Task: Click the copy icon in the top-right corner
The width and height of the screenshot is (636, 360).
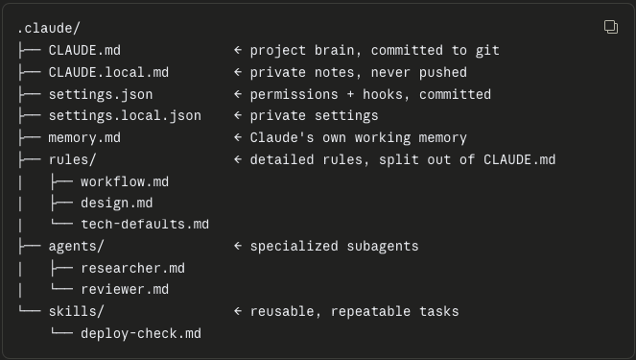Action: pos(611,27)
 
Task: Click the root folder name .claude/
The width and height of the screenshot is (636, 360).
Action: pos(49,29)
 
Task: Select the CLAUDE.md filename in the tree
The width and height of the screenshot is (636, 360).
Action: pos(84,50)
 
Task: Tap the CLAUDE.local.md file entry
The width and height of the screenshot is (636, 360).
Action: pos(108,72)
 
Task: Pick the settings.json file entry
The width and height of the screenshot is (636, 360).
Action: pos(101,95)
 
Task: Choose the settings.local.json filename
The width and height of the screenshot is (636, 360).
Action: pos(125,116)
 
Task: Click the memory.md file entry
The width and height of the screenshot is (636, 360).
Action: pos(84,138)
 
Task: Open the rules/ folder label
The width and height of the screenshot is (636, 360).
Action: pos(73,160)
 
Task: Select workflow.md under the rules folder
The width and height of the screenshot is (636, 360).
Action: pos(125,181)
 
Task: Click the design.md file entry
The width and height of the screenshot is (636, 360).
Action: pos(116,203)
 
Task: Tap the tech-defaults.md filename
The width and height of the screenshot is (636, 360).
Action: pos(145,225)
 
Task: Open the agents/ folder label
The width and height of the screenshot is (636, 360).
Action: pos(77,247)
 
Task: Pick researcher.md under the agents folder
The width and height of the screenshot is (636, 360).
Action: pos(132,268)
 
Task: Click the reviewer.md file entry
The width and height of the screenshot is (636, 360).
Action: pos(125,289)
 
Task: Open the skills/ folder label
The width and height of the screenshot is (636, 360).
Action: pos(77,312)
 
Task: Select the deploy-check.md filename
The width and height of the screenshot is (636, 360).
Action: pos(141,334)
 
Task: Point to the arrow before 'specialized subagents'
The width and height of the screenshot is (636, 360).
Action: pos(238,246)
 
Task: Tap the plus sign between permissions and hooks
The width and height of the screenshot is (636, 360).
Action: pos(350,95)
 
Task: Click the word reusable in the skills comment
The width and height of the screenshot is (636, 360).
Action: pos(282,312)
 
